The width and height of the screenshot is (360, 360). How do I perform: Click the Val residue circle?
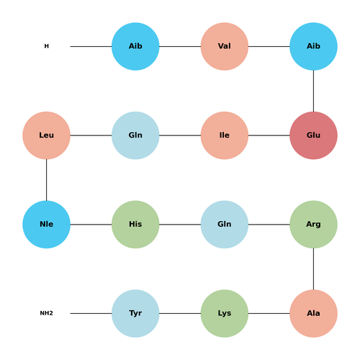[225, 46]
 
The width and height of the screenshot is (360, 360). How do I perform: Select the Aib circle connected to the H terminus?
[135, 46]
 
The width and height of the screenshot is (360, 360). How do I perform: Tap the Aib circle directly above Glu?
[313, 46]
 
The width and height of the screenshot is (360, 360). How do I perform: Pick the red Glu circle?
[313, 135]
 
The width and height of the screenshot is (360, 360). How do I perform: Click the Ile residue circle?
[225, 135]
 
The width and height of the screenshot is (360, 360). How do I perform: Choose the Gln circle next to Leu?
[135, 135]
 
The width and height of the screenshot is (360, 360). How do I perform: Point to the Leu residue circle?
[46, 135]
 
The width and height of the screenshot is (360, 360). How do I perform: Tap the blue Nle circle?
[46, 225]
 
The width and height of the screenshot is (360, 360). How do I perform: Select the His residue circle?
[135, 225]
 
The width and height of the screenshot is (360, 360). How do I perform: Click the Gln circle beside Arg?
[225, 225]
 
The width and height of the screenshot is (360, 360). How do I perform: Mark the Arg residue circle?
[313, 225]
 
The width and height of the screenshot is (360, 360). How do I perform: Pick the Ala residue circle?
[313, 313]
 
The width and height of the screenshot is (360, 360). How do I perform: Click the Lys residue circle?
[225, 313]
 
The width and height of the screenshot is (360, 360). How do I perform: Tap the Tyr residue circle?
[135, 313]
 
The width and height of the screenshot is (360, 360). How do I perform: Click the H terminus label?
[46, 46]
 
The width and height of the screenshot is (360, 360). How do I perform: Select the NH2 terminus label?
[46, 313]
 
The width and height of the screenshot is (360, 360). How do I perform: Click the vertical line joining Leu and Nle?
[46, 180]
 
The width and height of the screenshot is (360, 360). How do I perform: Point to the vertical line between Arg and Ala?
[313, 269]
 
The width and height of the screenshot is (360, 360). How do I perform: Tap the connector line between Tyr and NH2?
[91, 313]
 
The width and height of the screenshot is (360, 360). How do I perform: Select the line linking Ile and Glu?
[269, 135]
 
